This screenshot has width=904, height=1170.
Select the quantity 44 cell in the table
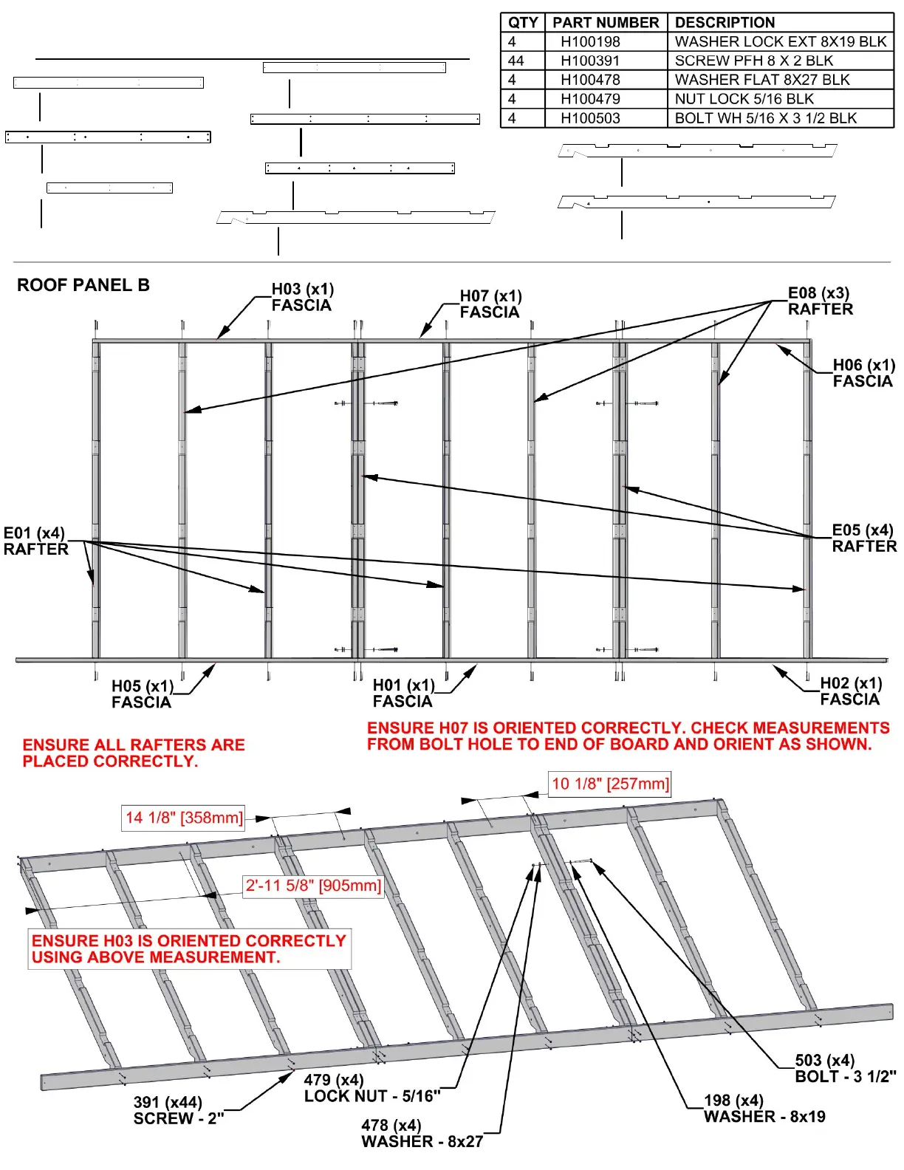pyautogui.click(x=516, y=61)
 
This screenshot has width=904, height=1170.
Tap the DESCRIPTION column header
pyautogui.click(x=725, y=22)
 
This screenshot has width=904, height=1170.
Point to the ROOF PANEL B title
pyautogui.click(x=83, y=285)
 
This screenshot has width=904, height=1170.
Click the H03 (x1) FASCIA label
pyautogui.click(x=302, y=297)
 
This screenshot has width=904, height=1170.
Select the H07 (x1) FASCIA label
pyautogui.click(x=490, y=304)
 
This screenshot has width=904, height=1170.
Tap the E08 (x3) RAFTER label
pyautogui.click(x=820, y=301)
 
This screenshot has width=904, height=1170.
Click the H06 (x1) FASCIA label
pyautogui.click(x=863, y=373)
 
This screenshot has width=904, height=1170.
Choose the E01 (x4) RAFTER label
pyautogui.click(x=35, y=541)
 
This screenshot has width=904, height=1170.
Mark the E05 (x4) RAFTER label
pyautogui.click(x=863, y=538)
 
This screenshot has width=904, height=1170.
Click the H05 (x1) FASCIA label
pyautogui.click(x=142, y=694)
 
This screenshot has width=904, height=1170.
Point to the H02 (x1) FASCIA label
pyautogui.click(x=850, y=691)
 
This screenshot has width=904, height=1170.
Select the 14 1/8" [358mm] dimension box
pyautogui.click(x=184, y=818)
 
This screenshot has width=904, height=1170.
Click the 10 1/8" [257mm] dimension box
pyautogui.click(x=610, y=784)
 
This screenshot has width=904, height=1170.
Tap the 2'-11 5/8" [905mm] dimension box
pyautogui.click(x=313, y=885)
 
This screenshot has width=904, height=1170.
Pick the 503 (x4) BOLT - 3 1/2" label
pyautogui.click(x=844, y=1068)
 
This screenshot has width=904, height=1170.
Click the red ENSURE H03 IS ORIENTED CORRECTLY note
pyautogui.click(x=189, y=948)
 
